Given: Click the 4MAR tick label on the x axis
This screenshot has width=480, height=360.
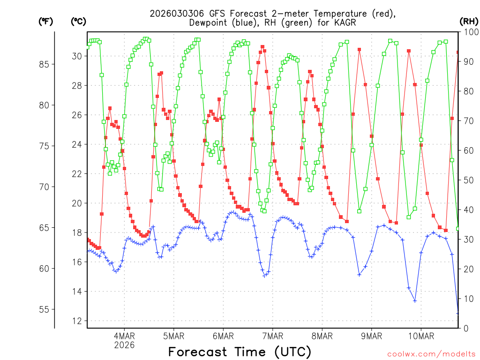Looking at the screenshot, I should pyautogui.click(x=124, y=336).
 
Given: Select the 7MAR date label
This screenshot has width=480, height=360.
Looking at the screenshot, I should pyautogui.click(x=272, y=336).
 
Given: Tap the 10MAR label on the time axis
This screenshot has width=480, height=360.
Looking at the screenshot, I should pyautogui.click(x=421, y=336).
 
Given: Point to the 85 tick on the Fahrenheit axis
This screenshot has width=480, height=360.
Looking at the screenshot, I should pyautogui.click(x=45, y=64).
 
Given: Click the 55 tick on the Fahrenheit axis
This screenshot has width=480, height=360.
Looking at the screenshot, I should pyautogui.click(x=45, y=309).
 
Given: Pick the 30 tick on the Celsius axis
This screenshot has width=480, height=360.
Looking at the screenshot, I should pyautogui.click(x=78, y=56).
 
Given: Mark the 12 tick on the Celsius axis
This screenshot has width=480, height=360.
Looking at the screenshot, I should pyautogui.click(x=78, y=321).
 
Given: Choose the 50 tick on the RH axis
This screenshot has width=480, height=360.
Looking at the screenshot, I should pyautogui.click(x=468, y=180).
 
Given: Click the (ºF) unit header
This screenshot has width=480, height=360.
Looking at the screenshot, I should pyautogui.click(x=45, y=21).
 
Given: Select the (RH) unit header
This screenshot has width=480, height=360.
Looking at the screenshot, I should pyautogui.click(x=469, y=21).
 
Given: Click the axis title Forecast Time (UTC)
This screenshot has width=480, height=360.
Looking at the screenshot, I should pyautogui.click(x=240, y=352).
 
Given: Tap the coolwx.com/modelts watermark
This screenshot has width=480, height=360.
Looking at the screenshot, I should pyautogui.click(x=432, y=353).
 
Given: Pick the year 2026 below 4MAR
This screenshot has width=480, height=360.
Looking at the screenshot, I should pyautogui.click(x=124, y=345).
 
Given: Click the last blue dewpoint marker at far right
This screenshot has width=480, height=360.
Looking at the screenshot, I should pyautogui.click(x=458, y=313).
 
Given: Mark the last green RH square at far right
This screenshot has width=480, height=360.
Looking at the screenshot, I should pyautogui.click(x=458, y=229).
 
